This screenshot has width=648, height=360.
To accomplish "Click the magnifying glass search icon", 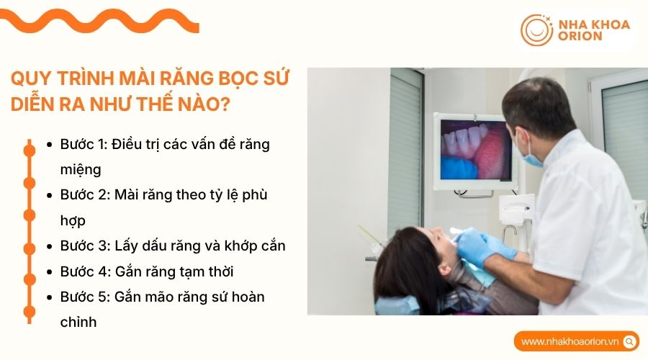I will (629, 341).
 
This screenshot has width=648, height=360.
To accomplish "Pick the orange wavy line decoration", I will (101, 21).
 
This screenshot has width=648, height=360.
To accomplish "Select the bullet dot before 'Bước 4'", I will (49, 272).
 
